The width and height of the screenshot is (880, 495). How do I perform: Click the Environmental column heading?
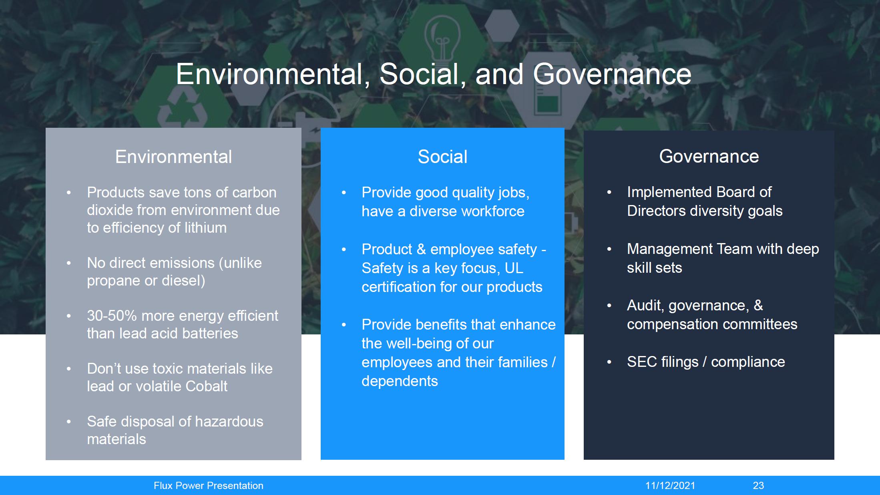173,157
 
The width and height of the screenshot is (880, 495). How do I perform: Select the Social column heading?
442,157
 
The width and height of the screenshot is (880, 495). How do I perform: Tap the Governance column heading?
709,156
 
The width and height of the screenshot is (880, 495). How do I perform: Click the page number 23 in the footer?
758,485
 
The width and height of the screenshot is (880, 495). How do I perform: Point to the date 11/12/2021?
670,485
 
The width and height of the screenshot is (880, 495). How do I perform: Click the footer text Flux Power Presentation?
209,485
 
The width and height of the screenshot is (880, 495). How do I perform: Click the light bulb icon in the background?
442,38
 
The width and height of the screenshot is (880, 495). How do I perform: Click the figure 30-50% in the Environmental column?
112,316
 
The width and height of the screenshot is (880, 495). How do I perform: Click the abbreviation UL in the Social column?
514,268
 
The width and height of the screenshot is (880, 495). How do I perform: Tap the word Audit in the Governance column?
645,305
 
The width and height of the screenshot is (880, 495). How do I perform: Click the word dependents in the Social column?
400,381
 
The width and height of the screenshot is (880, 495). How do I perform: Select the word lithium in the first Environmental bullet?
205,227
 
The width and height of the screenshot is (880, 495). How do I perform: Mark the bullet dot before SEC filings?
609,362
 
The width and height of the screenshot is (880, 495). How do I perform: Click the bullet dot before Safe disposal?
69,422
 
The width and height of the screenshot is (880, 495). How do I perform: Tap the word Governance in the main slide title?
612,74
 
